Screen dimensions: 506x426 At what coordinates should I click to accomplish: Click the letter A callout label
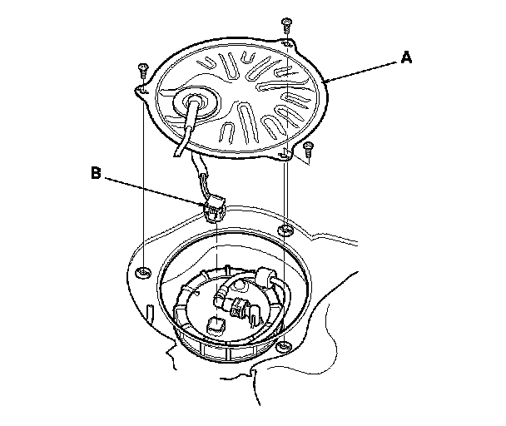[406, 57]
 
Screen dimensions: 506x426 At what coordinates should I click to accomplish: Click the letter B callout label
[96, 173]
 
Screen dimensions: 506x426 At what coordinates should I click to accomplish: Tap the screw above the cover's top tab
[286, 26]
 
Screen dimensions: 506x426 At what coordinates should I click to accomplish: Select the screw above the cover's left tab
[142, 71]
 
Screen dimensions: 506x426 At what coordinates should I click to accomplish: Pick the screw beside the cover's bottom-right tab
[308, 150]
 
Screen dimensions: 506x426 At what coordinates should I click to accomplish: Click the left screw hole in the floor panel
[142, 273]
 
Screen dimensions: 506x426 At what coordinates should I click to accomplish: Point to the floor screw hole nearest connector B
[285, 230]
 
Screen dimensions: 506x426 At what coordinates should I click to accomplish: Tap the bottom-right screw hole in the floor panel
[284, 347]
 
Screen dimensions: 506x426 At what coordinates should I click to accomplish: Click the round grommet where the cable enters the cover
[195, 102]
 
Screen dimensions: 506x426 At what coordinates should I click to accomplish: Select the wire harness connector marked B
[214, 210]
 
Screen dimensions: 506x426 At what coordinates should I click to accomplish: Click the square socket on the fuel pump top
[216, 325]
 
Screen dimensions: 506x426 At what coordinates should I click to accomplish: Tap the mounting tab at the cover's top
[288, 43]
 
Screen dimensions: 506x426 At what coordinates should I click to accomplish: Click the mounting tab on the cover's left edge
[142, 92]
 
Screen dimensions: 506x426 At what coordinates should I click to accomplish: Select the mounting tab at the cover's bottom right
[285, 155]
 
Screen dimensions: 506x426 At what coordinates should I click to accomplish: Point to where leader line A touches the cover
[326, 81]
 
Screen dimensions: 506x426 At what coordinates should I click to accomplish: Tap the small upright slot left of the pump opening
[150, 313]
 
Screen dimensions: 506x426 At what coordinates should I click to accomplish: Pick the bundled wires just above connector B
[204, 186]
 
